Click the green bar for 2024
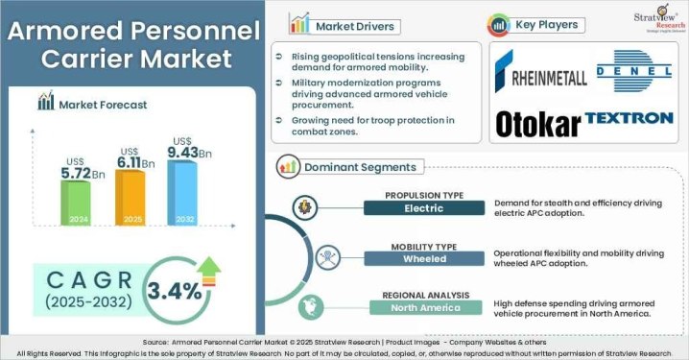point(76,203)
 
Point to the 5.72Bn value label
point(84,174)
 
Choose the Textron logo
point(629,119)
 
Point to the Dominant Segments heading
point(361,167)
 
